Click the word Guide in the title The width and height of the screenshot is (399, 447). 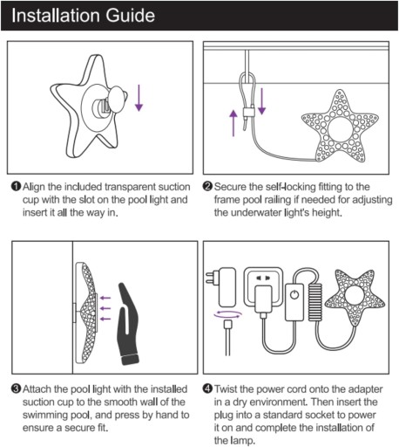click(130, 16)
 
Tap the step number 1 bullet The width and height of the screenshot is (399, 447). click(16, 186)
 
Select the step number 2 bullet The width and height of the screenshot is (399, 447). click(207, 186)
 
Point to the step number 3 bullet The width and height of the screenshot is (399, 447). click(16, 389)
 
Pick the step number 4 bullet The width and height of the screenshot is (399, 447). click(207, 389)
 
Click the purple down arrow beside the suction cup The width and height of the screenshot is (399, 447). click(139, 98)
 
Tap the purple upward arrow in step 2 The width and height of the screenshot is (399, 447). click(233, 123)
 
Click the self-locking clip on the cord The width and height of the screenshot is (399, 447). click(248, 113)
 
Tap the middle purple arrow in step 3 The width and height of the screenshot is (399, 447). click(105, 308)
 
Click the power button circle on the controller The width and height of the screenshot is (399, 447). click(294, 295)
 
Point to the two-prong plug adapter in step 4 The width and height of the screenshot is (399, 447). click(221, 287)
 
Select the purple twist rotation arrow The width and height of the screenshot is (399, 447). click(227, 314)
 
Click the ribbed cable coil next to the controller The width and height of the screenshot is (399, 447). click(314, 302)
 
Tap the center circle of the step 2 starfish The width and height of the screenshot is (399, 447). click(340, 128)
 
